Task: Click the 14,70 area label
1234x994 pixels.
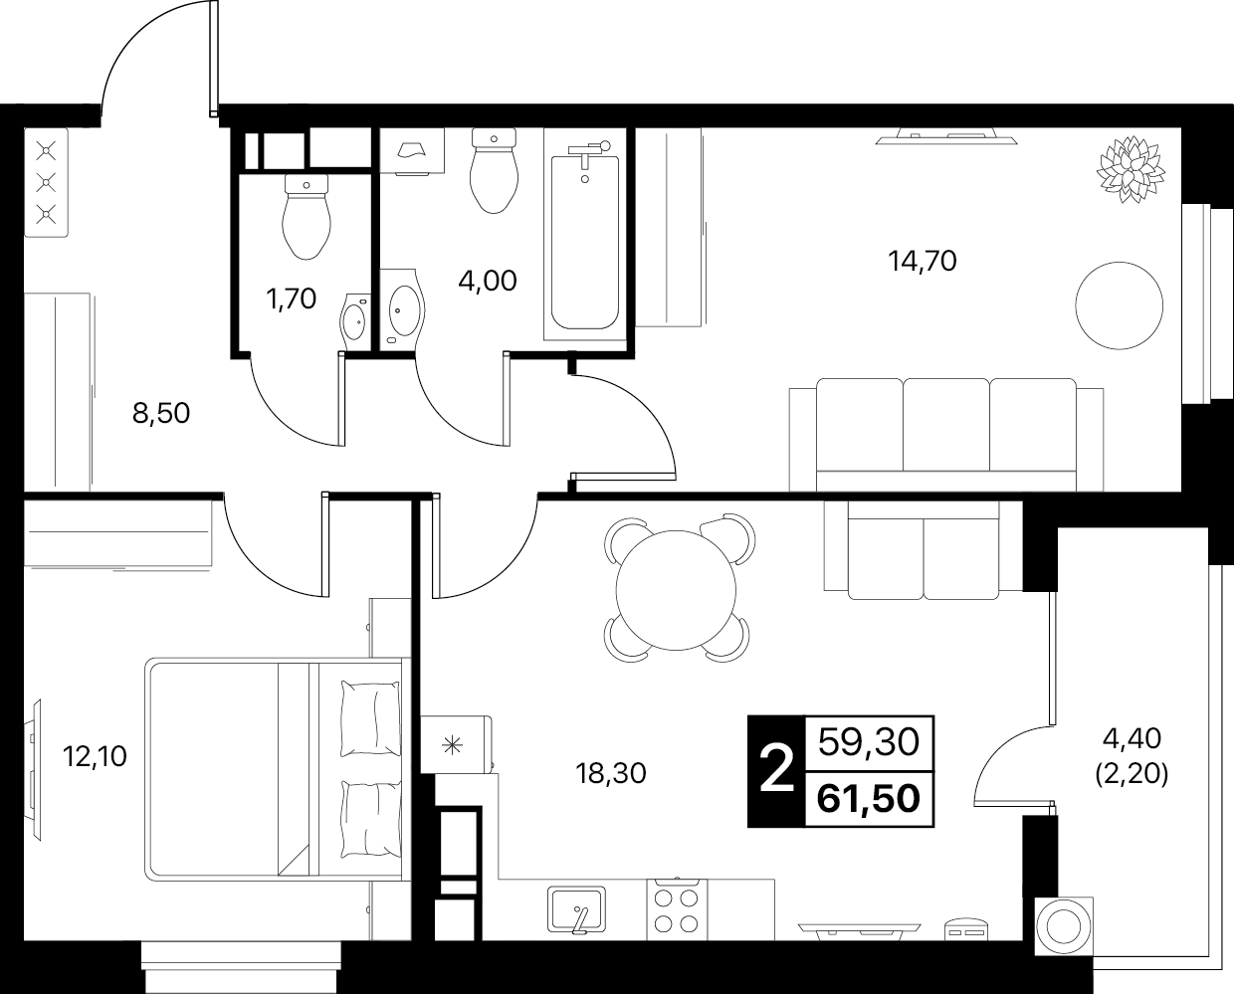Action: click(x=923, y=262)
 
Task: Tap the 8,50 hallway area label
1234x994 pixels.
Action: click(x=161, y=413)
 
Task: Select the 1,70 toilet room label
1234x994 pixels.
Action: click(x=292, y=298)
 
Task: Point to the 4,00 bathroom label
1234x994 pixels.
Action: click(x=488, y=281)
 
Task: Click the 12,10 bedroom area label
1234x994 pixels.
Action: click(x=95, y=756)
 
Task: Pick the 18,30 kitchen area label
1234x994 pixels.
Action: click(x=611, y=773)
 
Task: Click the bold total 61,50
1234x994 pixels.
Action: click(x=869, y=799)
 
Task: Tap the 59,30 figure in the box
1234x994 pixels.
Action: click(x=869, y=742)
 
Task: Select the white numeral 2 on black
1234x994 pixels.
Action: click(x=776, y=770)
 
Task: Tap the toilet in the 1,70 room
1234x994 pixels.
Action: click(x=307, y=217)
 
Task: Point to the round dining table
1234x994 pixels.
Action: click(x=676, y=590)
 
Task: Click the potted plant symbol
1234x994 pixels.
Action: click(x=1131, y=169)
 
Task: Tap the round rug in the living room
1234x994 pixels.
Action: click(x=1120, y=304)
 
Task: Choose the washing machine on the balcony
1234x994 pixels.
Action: click(x=1064, y=926)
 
